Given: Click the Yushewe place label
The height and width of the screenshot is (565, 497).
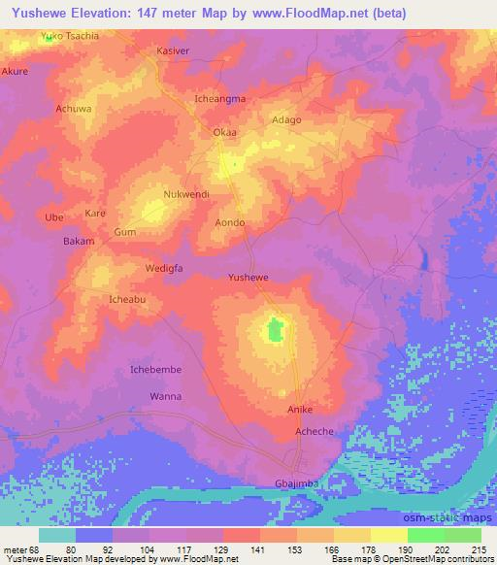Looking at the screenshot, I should [248, 277].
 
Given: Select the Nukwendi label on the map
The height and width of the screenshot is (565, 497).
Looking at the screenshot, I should [186, 194].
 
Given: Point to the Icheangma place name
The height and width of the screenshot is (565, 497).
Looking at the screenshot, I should [220, 98].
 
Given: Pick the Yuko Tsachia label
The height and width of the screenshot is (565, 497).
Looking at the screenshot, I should [70, 36].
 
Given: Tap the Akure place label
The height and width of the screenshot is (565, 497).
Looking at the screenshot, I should [15, 71].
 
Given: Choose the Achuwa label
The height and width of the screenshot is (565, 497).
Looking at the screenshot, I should [74, 109].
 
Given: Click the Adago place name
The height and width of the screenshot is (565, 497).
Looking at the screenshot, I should [286, 119].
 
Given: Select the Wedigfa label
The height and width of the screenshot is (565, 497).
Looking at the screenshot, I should [164, 267].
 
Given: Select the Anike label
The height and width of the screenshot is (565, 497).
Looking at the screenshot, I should [299, 410].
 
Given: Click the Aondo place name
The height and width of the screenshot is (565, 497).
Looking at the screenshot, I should [229, 222].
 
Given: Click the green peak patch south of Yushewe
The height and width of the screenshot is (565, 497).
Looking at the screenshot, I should [275, 331].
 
